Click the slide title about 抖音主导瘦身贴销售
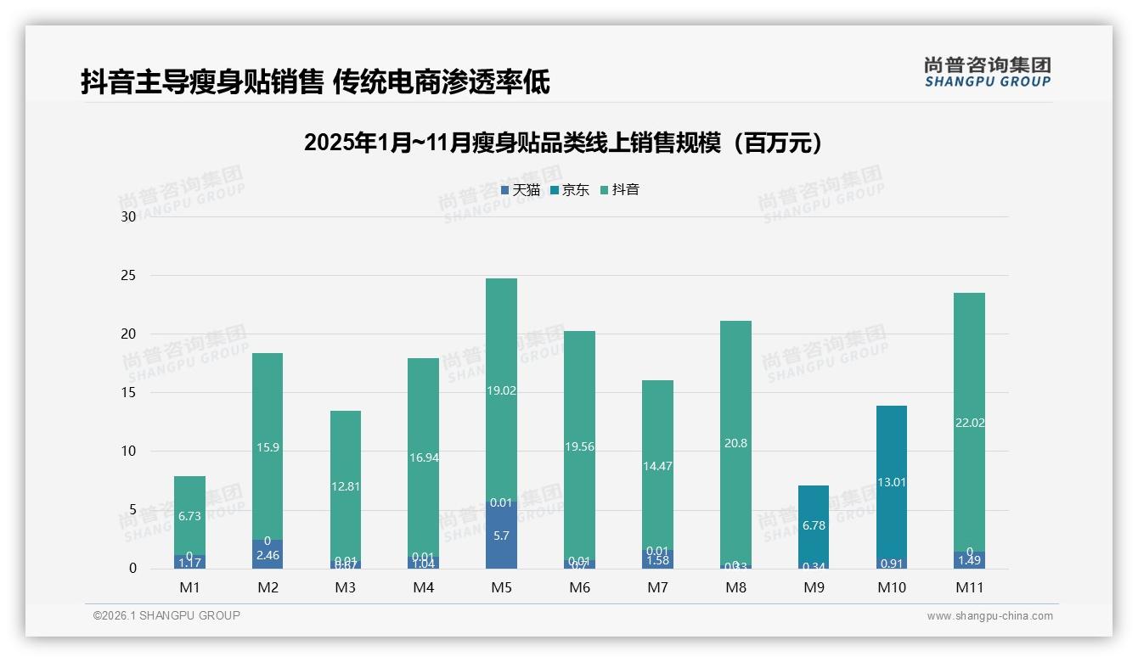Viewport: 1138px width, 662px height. pyautogui.click(x=315, y=81)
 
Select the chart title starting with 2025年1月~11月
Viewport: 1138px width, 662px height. pyautogui.click(x=564, y=143)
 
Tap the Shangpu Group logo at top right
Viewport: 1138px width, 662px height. pyautogui.click(x=987, y=72)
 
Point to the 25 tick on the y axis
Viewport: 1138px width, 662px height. pyautogui.click(x=128, y=276)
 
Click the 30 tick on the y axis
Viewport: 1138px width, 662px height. pyautogui.click(x=128, y=216)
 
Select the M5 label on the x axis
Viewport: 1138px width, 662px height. pyautogui.click(x=501, y=587)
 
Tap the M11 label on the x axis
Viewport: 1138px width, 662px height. pyautogui.click(x=969, y=587)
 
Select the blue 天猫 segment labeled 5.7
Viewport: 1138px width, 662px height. pyautogui.click(x=501, y=536)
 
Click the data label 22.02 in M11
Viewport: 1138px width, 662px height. pyautogui.click(x=969, y=423)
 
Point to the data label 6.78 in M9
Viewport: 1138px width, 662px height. pyautogui.click(x=813, y=525)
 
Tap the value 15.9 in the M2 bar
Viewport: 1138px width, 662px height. pyautogui.click(x=268, y=447)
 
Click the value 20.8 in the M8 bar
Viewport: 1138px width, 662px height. pyautogui.click(x=735, y=443)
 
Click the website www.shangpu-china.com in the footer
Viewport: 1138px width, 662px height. pyautogui.click(x=989, y=616)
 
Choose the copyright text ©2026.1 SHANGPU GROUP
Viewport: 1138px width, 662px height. pyautogui.click(x=166, y=615)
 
